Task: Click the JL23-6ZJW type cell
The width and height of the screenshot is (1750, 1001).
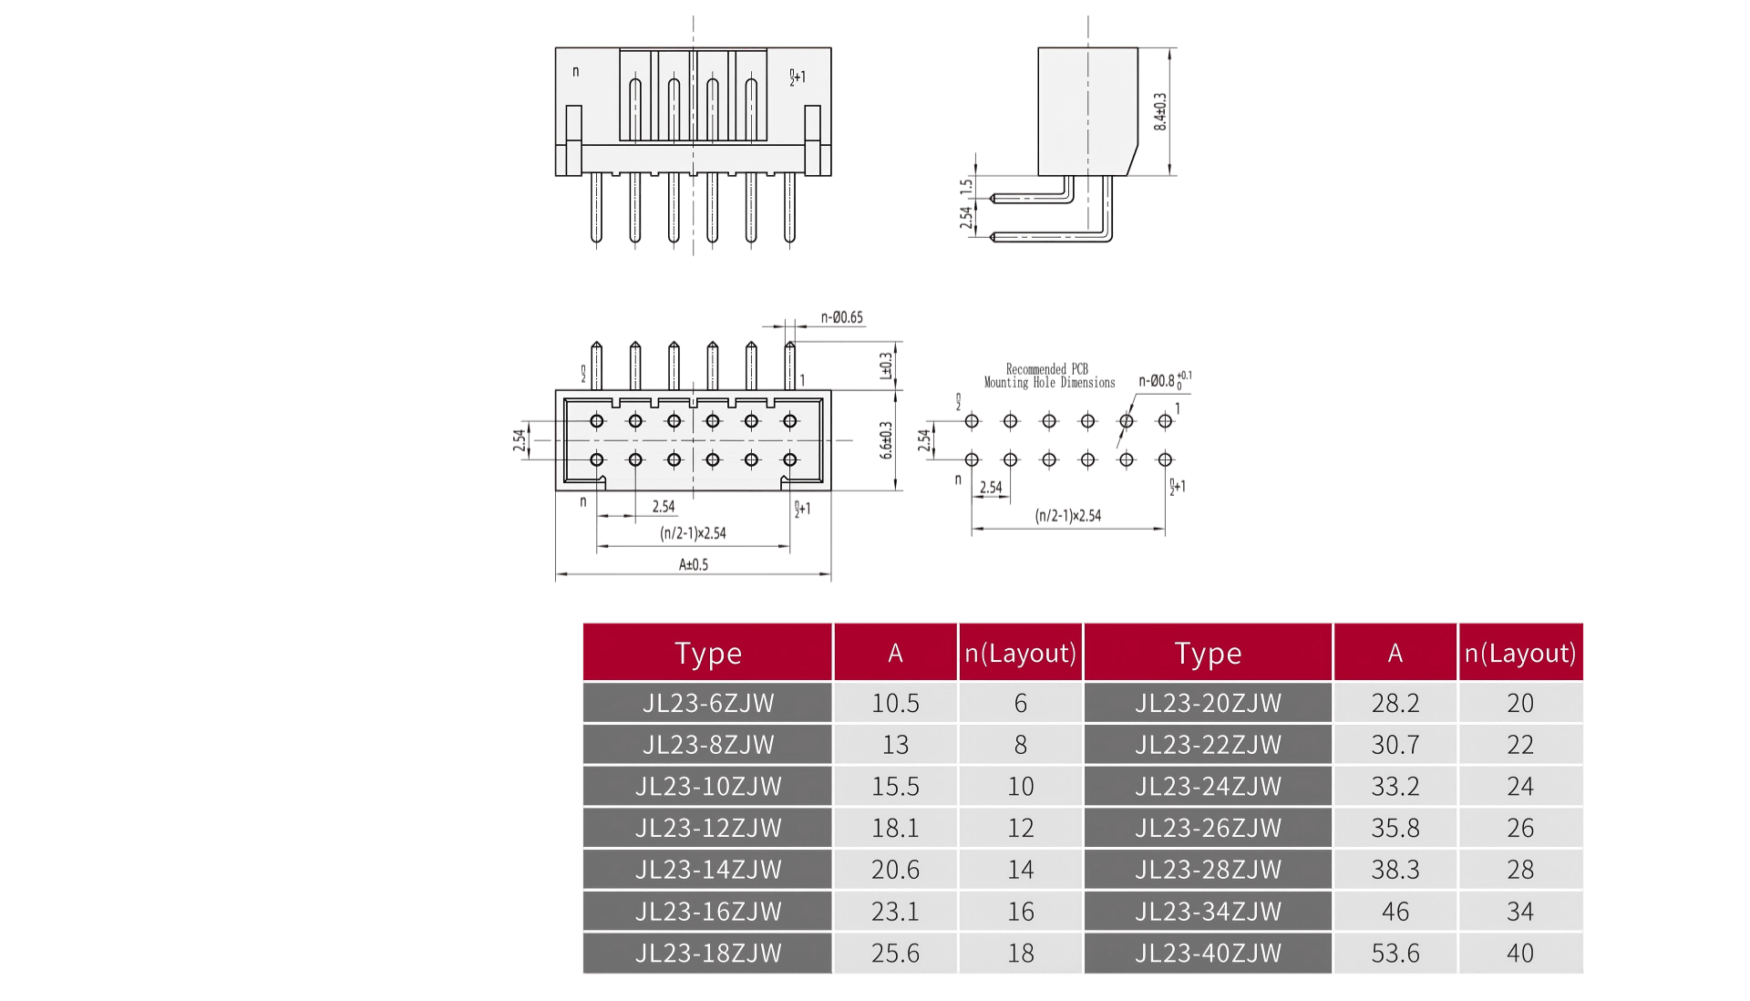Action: [708, 703]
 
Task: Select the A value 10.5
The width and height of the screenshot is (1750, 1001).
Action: [895, 703]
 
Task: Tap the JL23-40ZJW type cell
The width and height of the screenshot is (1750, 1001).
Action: [1208, 953]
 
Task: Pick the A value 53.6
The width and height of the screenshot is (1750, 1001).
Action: [1395, 953]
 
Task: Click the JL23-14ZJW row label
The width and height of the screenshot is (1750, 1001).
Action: [708, 870]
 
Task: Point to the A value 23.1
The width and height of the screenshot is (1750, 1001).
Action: [895, 911]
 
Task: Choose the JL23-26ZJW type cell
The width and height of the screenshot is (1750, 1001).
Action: [1208, 828]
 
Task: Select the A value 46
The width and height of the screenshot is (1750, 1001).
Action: [1395, 911]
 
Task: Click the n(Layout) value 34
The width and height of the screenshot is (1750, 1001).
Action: [1519, 911]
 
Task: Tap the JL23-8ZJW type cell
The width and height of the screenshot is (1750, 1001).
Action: [708, 745]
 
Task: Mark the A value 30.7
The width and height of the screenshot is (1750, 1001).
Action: [1395, 745]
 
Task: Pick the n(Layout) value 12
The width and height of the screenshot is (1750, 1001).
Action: [1020, 828]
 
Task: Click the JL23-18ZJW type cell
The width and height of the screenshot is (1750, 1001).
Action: [708, 953]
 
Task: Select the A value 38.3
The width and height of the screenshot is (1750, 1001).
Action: [1395, 870]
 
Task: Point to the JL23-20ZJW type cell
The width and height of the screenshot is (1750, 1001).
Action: [1208, 703]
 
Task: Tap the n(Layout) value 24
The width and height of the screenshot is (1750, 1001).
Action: [1519, 786]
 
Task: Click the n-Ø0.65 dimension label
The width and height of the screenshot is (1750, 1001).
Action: [841, 317]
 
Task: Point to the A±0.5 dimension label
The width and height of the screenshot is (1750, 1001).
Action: [693, 564]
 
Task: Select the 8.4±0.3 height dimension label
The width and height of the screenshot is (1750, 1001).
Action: [1160, 111]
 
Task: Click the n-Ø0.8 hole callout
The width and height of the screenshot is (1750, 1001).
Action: [1158, 381]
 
